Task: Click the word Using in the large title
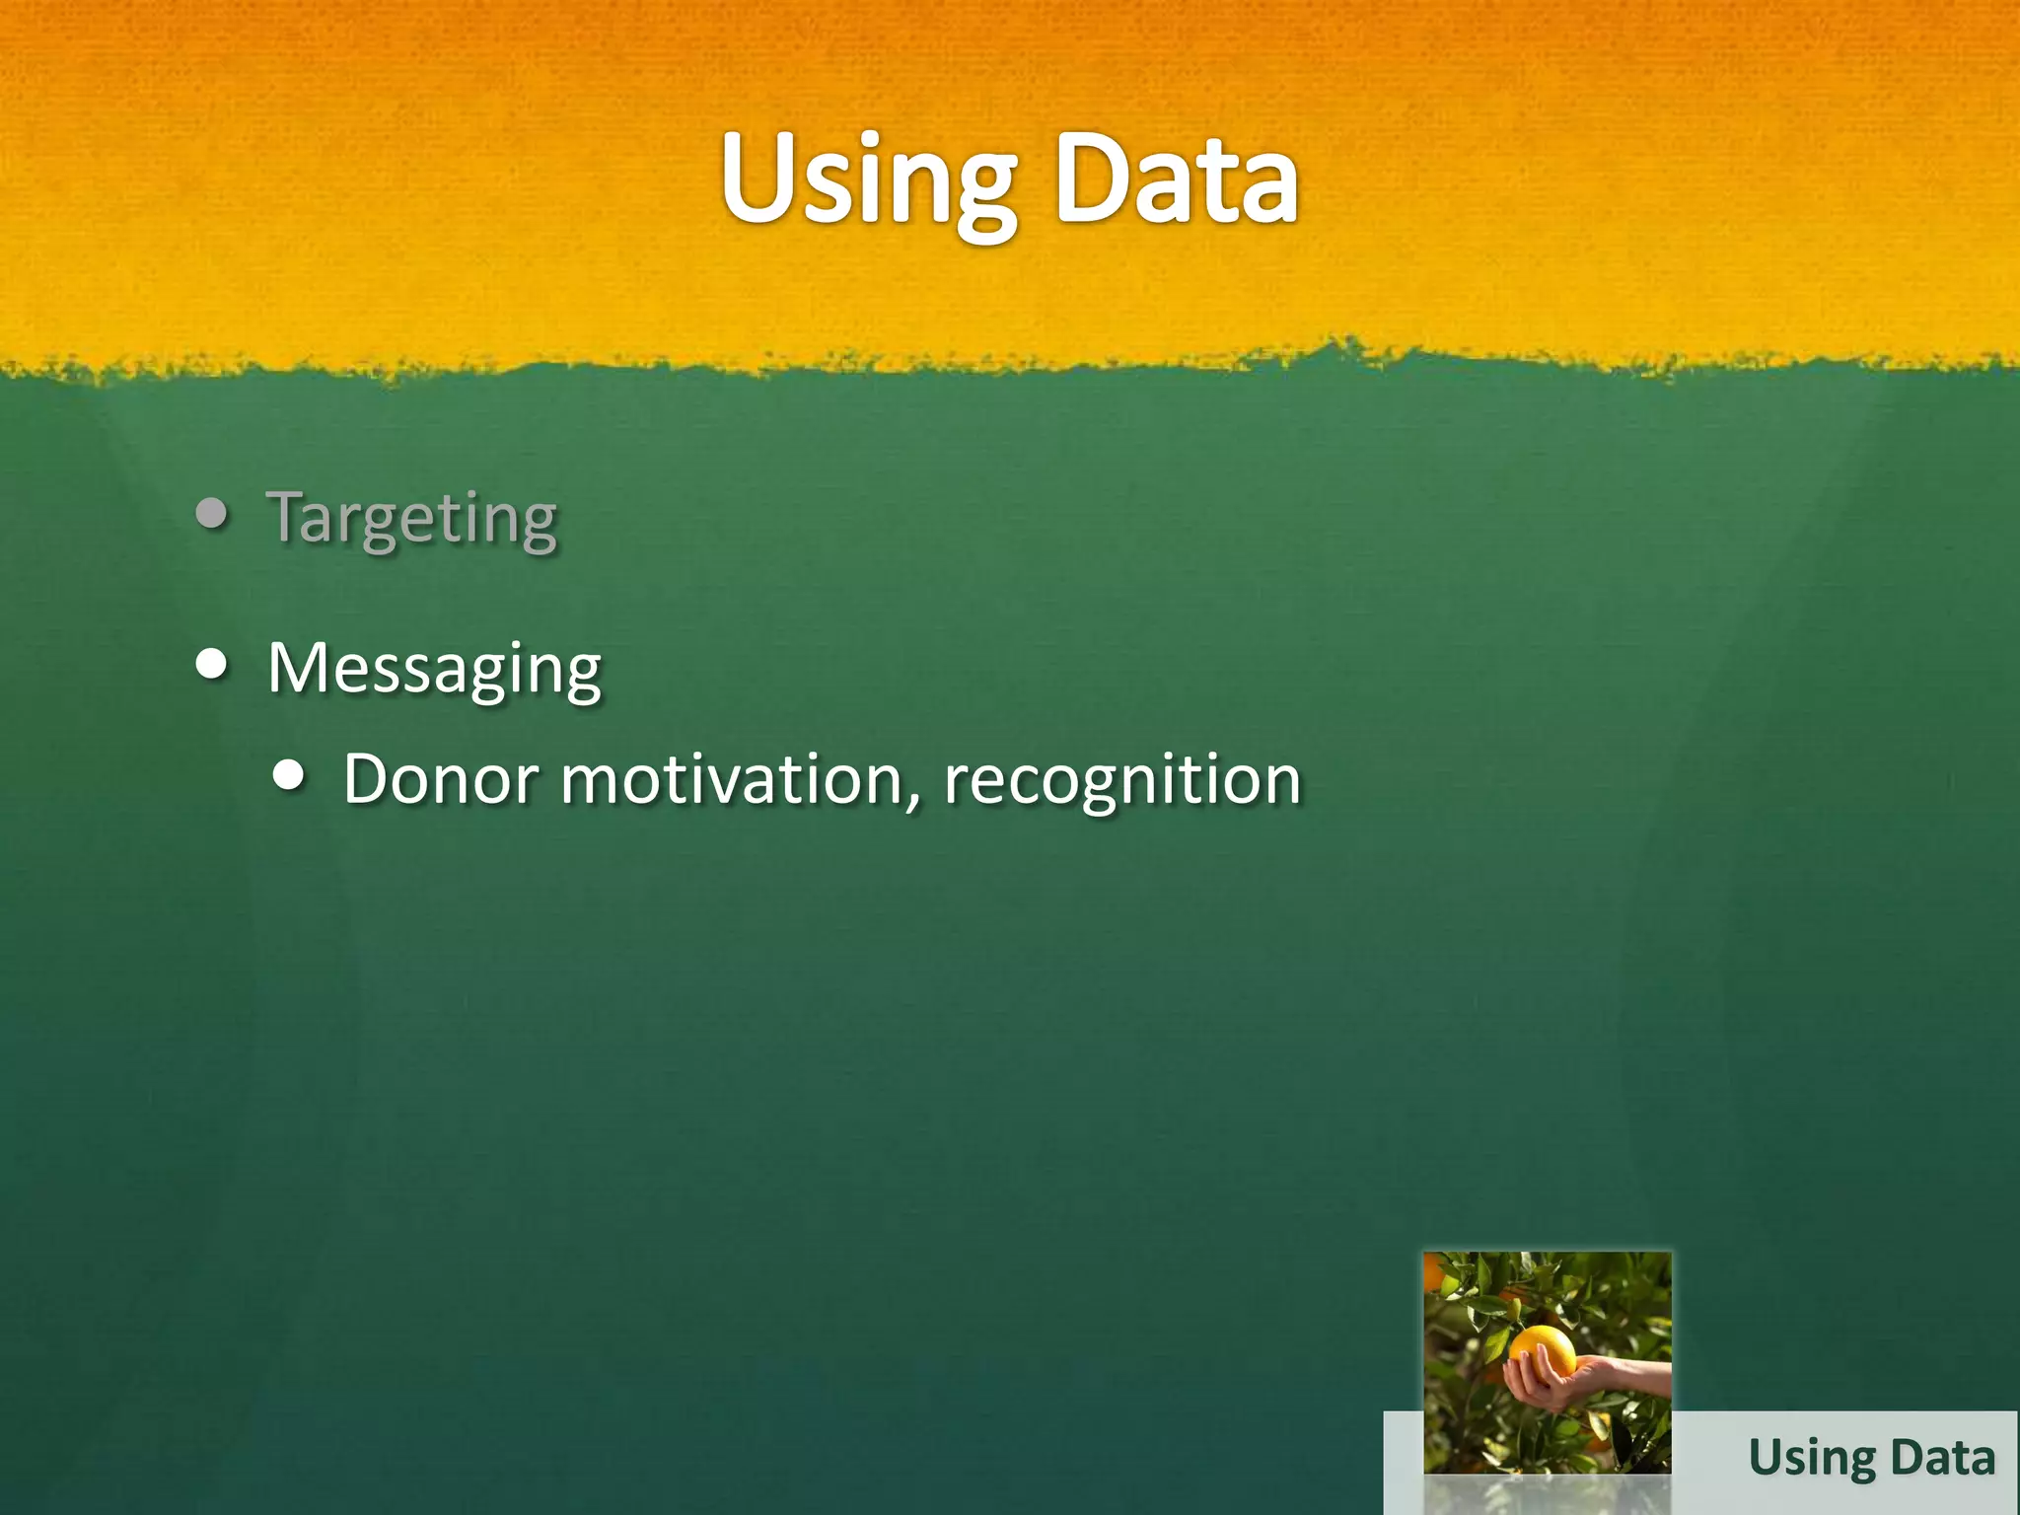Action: click(868, 182)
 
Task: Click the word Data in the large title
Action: click(1176, 182)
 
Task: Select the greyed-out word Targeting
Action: click(412, 518)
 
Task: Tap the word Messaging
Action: click(434, 670)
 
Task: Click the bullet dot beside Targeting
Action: click(212, 513)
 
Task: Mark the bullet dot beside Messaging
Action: click(212, 664)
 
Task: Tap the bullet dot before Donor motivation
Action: click(288, 775)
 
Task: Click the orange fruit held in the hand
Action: click(1543, 1351)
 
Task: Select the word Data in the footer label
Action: click(1943, 1457)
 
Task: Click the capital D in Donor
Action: click(371, 780)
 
